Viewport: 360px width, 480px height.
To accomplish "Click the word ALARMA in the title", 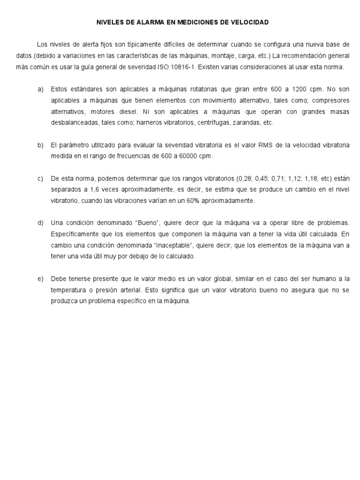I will click(x=139, y=22).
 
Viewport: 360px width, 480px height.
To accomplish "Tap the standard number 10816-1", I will click(x=182, y=67).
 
